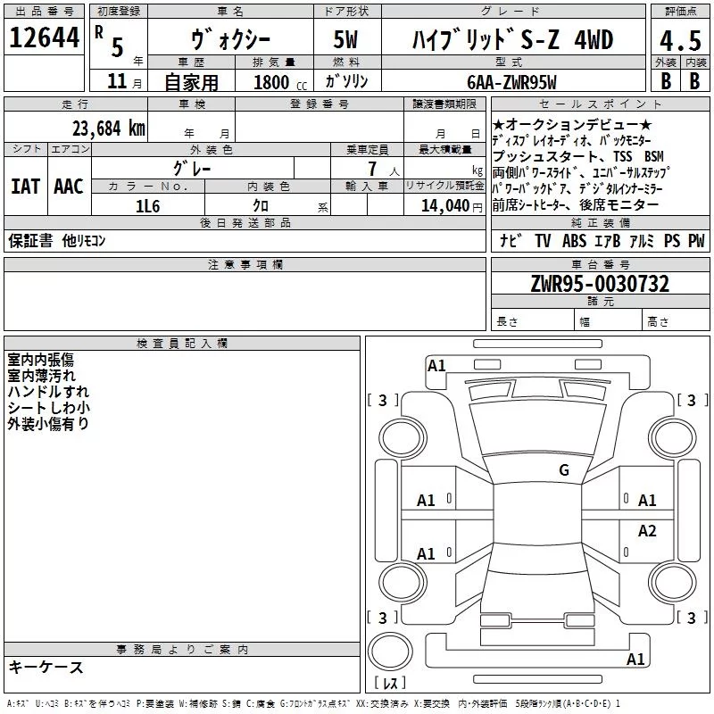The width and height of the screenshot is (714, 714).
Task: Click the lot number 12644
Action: click(x=44, y=37)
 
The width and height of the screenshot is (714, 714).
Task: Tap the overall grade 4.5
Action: click(x=680, y=40)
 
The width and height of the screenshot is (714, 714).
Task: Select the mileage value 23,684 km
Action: click(x=109, y=129)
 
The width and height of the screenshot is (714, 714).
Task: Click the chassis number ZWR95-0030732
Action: click(x=600, y=283)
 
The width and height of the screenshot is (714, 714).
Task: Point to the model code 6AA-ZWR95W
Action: click(x=511, y=82)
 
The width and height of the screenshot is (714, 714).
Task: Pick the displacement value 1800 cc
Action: click(x=279, y=82)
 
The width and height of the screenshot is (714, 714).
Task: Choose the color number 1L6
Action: click(x=147, y=206)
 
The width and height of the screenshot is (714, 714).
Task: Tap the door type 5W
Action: click(x=345, y=39)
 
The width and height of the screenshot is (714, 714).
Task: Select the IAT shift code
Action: click(x=26, y=187)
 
